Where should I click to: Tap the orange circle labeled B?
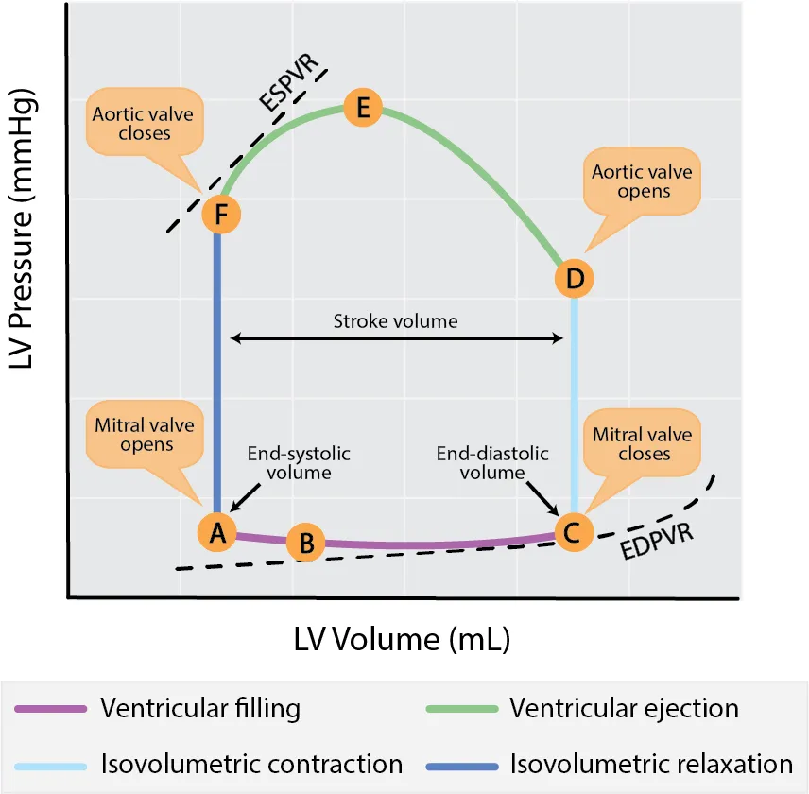305,544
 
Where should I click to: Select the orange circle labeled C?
573,532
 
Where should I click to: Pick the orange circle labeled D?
573,279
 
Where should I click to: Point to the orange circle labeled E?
362,108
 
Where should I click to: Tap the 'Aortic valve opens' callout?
643,181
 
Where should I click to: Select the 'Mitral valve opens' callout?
145,435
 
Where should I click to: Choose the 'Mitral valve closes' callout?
643,444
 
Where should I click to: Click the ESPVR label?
291,89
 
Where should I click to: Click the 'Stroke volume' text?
395,321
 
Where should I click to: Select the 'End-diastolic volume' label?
491,462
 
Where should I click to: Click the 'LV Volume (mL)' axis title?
402,640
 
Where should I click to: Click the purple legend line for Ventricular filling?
53,709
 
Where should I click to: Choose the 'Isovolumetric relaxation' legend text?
651,764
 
